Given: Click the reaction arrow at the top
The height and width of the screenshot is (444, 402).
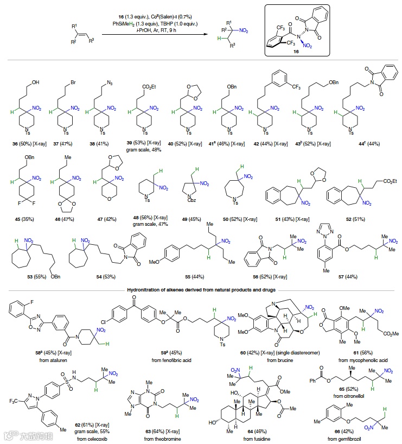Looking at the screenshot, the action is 157,34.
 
